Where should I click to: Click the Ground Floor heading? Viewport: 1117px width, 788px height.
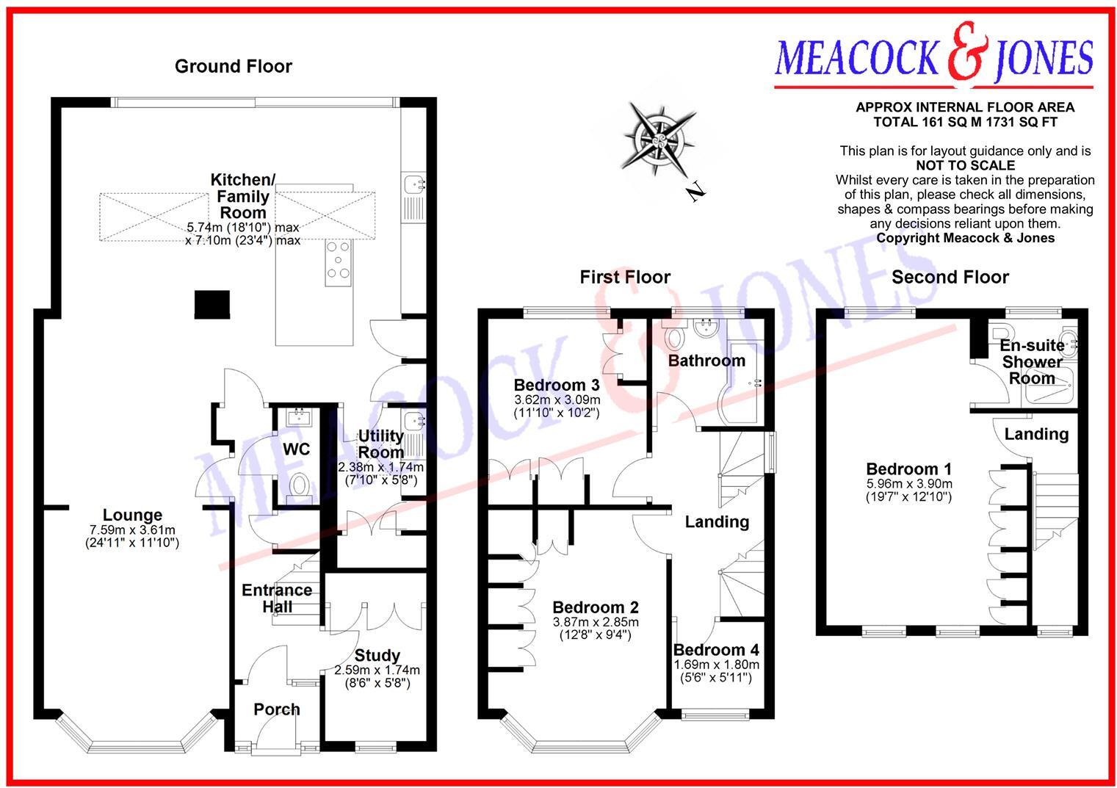233,67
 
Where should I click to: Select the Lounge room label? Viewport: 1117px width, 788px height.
132,516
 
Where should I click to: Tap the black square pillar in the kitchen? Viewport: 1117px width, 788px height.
212,304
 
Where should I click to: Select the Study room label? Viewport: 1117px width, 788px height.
377,656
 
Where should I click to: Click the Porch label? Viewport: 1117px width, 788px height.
276,709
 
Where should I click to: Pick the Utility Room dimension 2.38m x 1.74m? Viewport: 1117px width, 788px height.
380,467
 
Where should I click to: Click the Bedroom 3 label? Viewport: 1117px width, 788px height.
557,386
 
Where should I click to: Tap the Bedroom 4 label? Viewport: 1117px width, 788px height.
716,650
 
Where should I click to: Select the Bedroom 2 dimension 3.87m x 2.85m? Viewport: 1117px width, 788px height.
595,621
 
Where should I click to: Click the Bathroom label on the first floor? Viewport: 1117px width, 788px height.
706,361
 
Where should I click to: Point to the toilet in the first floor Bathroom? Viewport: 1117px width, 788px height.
673,338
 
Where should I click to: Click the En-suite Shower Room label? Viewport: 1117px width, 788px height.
1032,361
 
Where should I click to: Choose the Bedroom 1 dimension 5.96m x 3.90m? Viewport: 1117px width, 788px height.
908,483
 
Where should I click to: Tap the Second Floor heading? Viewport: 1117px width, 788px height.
950,278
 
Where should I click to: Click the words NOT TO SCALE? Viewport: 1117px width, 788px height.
965,166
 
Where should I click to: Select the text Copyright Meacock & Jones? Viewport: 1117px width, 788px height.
965,238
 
